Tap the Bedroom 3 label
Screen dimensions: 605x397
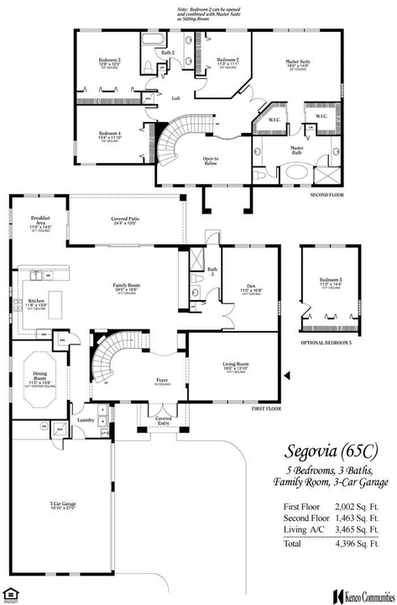click(109, 61)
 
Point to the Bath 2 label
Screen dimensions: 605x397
click(167, 53)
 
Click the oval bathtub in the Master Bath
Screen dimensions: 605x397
click(296, 172)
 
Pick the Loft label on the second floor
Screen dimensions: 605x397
click(176, 98)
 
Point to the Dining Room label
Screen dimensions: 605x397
click(40, 380)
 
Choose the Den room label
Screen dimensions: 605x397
click(250, 287)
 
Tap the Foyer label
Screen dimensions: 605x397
click(161, 380)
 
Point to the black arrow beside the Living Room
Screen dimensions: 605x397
click(287, 375)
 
